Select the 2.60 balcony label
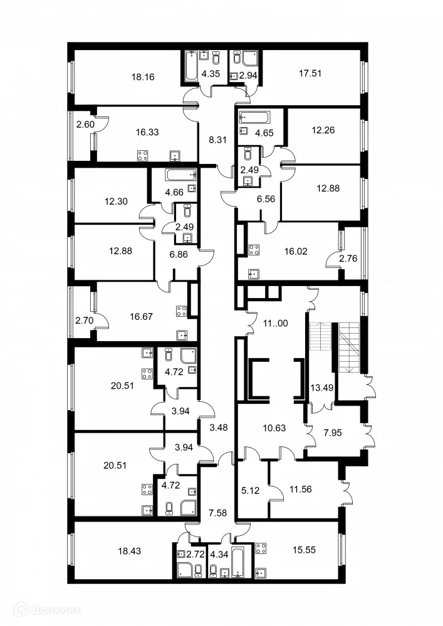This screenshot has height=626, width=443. click(85, 125)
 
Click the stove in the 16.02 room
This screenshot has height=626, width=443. click(254, 250)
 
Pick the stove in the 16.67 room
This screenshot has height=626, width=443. click(182, 311)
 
